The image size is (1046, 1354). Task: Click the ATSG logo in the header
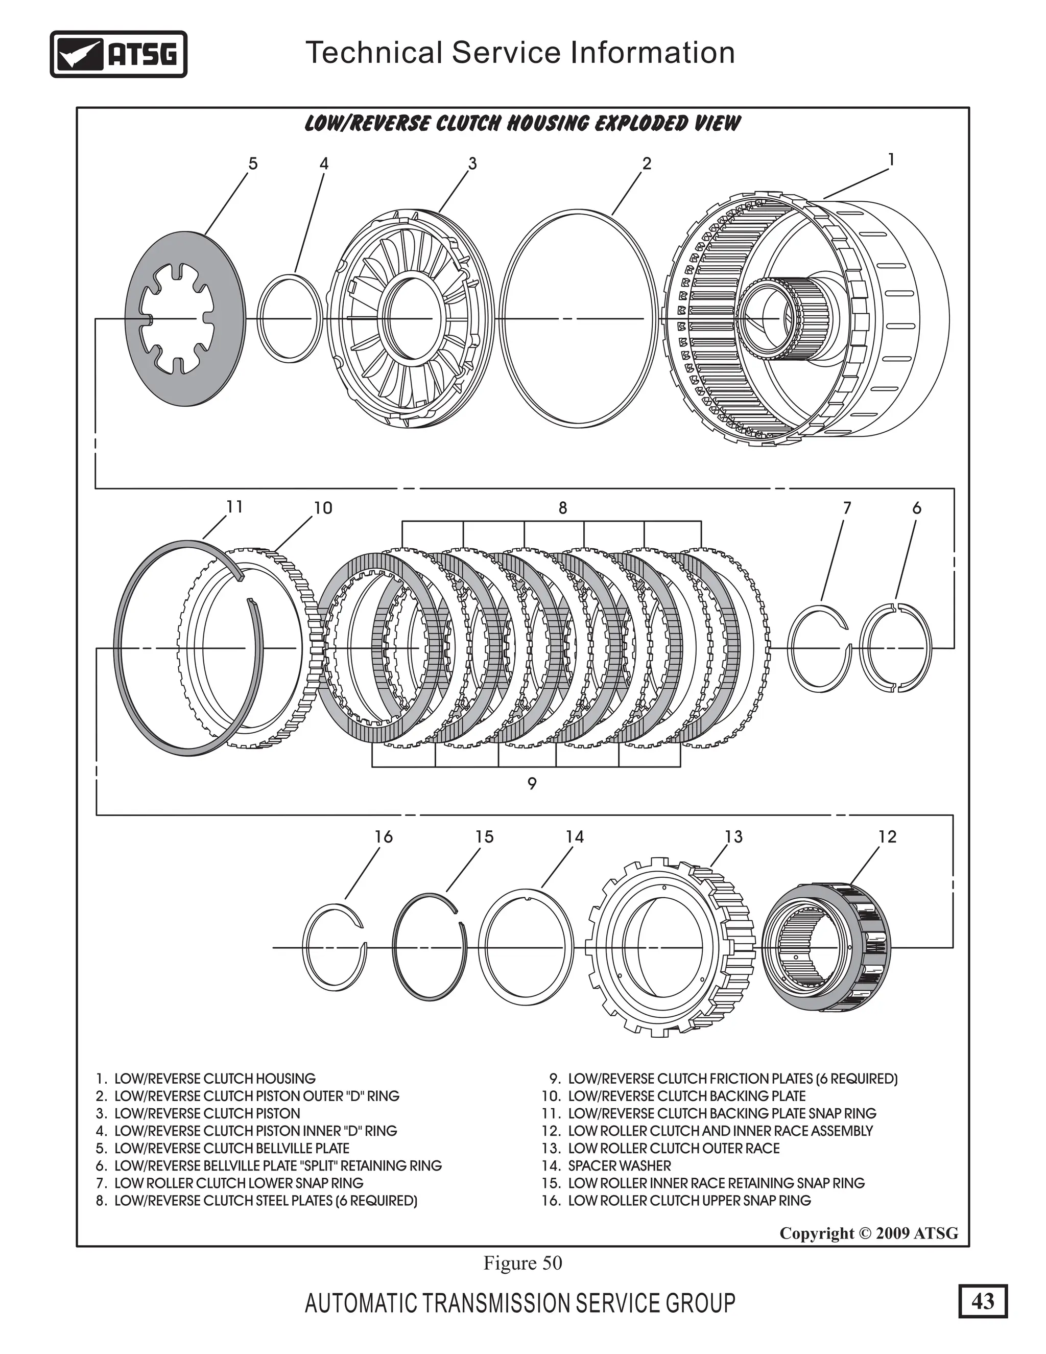(x=118, y=55)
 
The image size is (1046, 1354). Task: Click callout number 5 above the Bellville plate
(x=252, y=164)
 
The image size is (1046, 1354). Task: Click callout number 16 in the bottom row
(x=384, y=837)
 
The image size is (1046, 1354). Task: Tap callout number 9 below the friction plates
(x=532, y=784)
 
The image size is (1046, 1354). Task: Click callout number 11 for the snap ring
(x=234, y=507)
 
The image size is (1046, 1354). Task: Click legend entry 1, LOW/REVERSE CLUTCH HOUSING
(x=206, y=1079)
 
